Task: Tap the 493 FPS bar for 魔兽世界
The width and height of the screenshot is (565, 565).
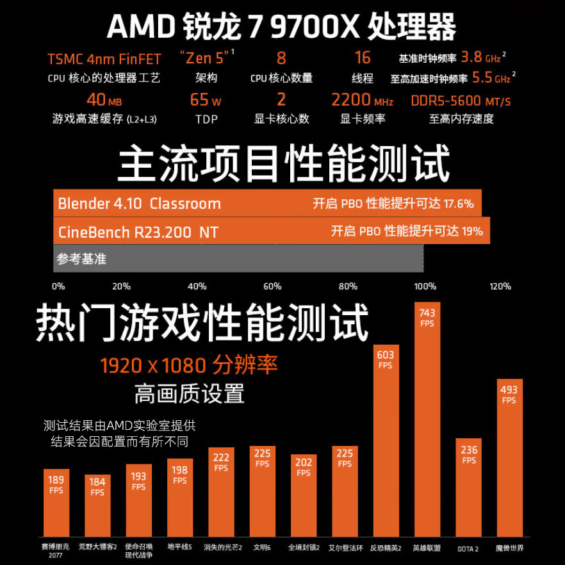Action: click(509, 458)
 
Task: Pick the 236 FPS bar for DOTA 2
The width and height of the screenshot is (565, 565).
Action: click(468, 487)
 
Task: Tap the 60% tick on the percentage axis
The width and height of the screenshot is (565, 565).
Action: click(272, 286)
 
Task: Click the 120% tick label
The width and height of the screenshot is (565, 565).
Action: click(500, 286)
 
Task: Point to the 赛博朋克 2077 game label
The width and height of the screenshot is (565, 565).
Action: click(56, 551)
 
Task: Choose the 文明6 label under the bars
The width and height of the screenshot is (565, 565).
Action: click(262, 548)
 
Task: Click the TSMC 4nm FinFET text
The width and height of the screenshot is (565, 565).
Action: click(104, 60)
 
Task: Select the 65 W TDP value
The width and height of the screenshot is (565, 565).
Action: click(206, 101)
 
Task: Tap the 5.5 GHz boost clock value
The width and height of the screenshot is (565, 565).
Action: click(491, 78)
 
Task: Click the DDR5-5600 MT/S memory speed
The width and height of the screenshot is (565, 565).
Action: click(461, 101)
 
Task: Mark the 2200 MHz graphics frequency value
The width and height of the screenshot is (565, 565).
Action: click(362, 101)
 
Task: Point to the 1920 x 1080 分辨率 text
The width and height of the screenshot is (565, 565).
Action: click(189, 366)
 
